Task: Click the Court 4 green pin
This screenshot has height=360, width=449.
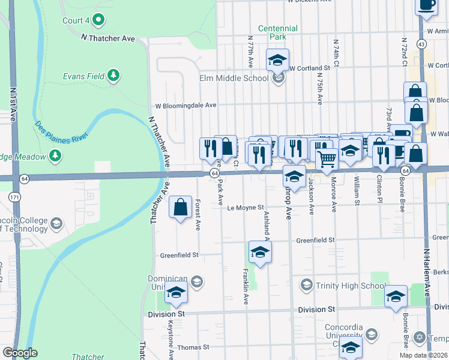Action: click(x=100, y=20)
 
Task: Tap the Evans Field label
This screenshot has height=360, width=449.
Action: click(x=84, y=76)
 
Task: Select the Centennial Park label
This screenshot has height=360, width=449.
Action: click(x=278, y=32)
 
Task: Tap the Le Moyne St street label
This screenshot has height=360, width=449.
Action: click(x=246, y=208)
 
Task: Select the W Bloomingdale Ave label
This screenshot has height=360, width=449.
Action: click(x=185, y=105)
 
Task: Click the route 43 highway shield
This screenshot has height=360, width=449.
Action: click(x=423, y=44)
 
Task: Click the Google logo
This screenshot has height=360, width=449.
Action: click(x=20, y=353)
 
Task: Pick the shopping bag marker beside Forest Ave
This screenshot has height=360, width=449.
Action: click(x=181, y=208)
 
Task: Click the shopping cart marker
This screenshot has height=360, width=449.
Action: click(x=327, y=160)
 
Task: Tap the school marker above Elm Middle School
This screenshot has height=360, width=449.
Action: click(x=277, y=60)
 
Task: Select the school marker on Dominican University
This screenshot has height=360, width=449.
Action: click(x=176, y=292)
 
